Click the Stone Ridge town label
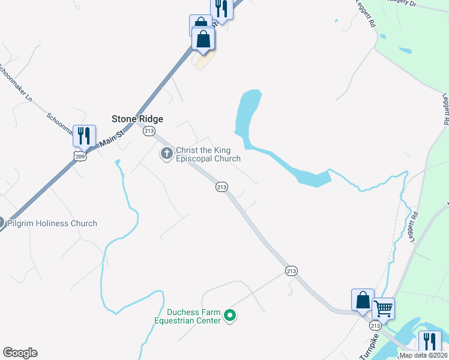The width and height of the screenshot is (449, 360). [137, 119]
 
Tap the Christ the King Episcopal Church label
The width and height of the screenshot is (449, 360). [208, 155]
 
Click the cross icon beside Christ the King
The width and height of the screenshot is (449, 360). [166, 154]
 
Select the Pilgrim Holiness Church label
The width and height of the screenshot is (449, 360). [52, 224]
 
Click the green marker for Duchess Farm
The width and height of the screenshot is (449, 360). [229, 315]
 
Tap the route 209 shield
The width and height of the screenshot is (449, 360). [80, 156]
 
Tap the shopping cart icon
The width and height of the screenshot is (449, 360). [383, 309]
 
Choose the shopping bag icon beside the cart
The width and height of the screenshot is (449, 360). [363, 299]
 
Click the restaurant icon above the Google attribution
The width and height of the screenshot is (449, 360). [429, 341]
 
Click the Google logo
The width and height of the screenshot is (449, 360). [20, 353]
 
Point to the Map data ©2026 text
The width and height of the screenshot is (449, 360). [423, 355]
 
